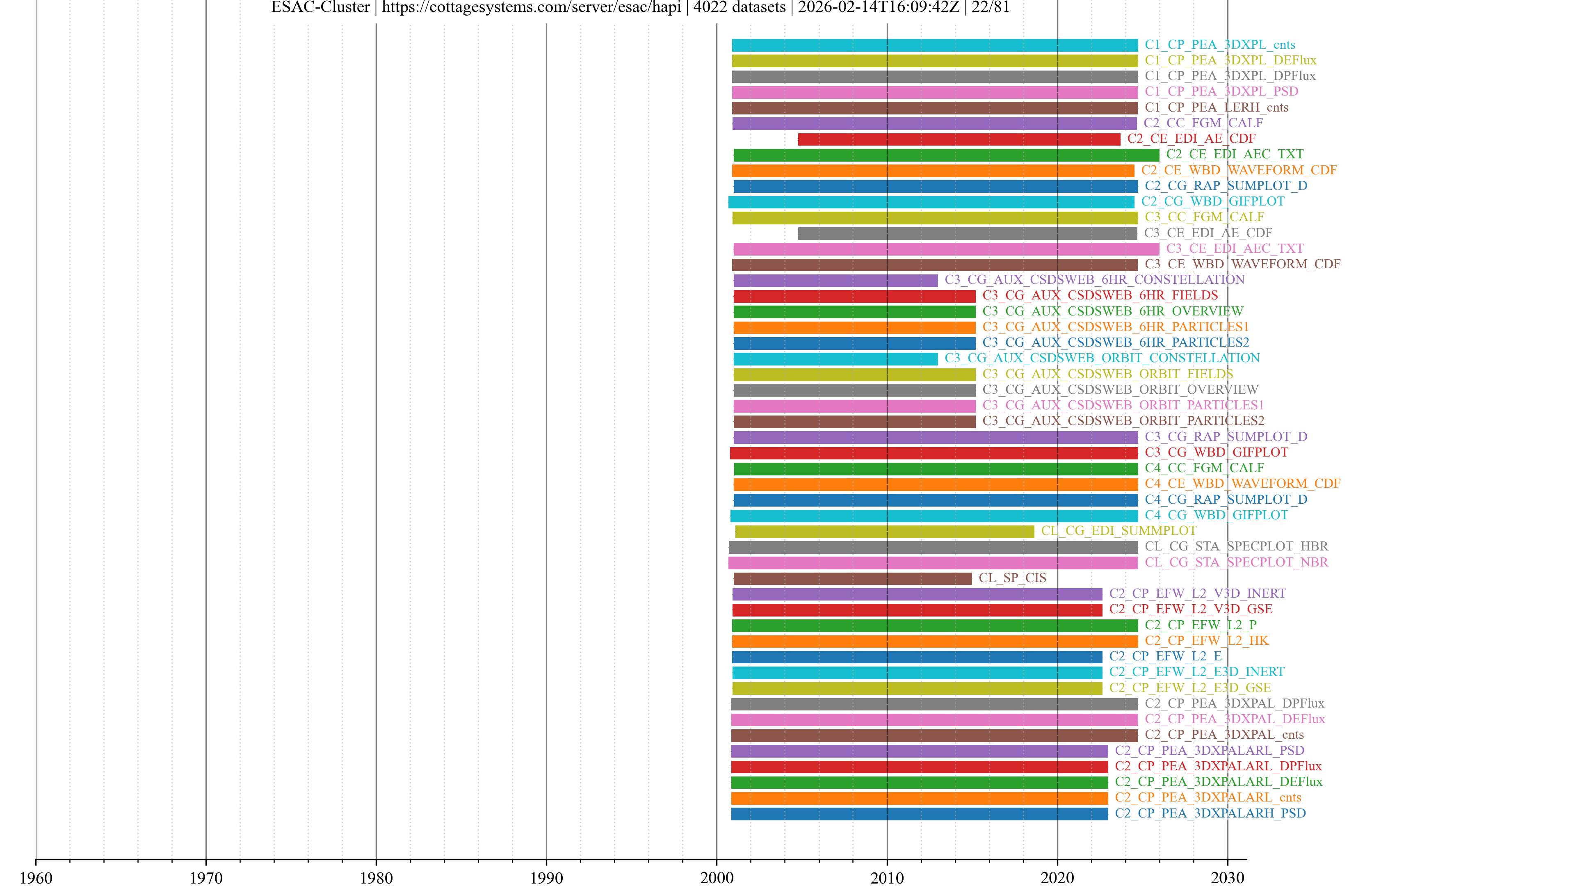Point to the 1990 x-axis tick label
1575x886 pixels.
point(546,877)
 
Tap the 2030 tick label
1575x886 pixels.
point(1227,877)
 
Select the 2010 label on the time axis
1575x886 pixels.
point(886,877)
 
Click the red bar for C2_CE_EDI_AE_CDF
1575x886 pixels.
point(959,139)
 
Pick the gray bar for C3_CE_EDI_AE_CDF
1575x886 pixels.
point(967,233)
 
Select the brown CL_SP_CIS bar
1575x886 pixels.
point(852,578)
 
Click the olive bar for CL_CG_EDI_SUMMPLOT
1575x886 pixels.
point(884,531)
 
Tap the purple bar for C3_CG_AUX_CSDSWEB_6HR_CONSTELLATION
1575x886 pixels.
point(835,281)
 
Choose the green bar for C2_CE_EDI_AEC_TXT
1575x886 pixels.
point(946,155)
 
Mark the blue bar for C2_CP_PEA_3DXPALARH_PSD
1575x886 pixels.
point(919,814)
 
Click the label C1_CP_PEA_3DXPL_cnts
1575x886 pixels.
point(1220,45)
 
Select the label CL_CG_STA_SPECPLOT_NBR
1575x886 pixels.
point(1236,562)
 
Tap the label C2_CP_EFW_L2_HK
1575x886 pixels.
point(1206,641)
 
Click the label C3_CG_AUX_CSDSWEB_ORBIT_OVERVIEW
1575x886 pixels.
point(1120,390)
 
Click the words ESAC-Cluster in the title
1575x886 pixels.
point(320,7)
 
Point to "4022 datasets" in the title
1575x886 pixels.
point(739,7)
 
